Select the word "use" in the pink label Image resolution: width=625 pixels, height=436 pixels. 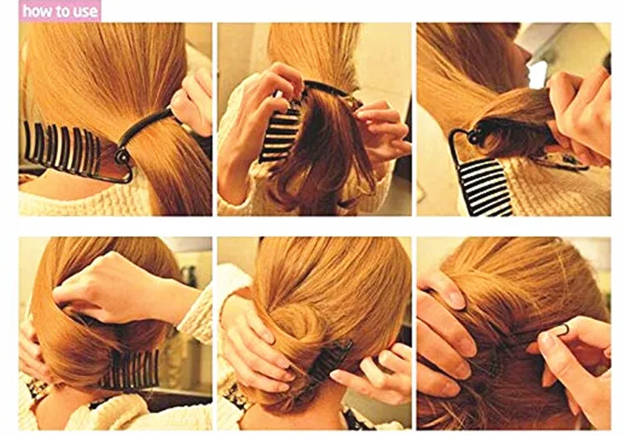coord(83,13)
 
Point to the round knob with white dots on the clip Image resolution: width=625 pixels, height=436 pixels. coord(472,138)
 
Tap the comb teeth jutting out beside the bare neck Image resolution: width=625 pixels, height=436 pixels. coord(61,148)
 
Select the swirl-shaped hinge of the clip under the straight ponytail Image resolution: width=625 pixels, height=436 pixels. coord(122,157)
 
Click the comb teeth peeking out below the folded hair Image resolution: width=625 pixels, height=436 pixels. coord(129,370)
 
